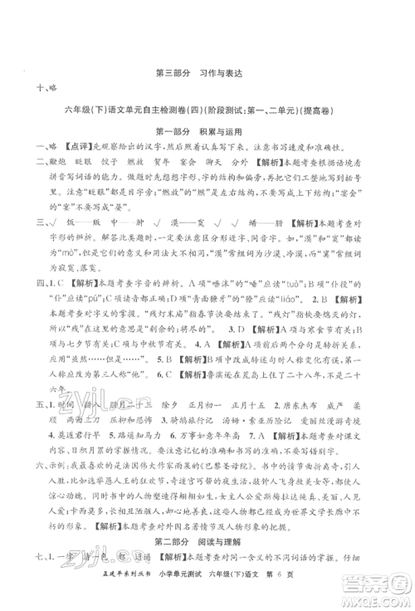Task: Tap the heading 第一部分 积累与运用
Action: point(207,132)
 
